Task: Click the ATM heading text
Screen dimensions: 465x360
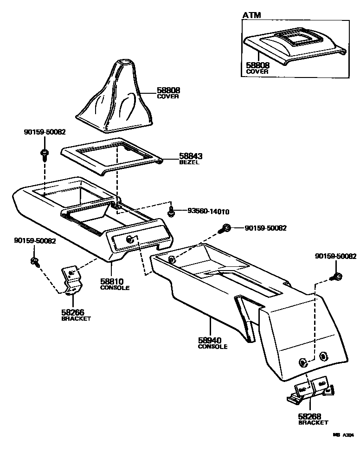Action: click(251, 15)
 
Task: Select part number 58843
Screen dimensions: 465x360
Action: click(191, 157)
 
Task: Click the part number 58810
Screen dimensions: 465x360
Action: click(112, 281)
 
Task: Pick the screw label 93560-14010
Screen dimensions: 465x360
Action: click(208, 211)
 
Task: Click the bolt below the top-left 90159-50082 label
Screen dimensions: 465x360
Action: click(45, 154)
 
